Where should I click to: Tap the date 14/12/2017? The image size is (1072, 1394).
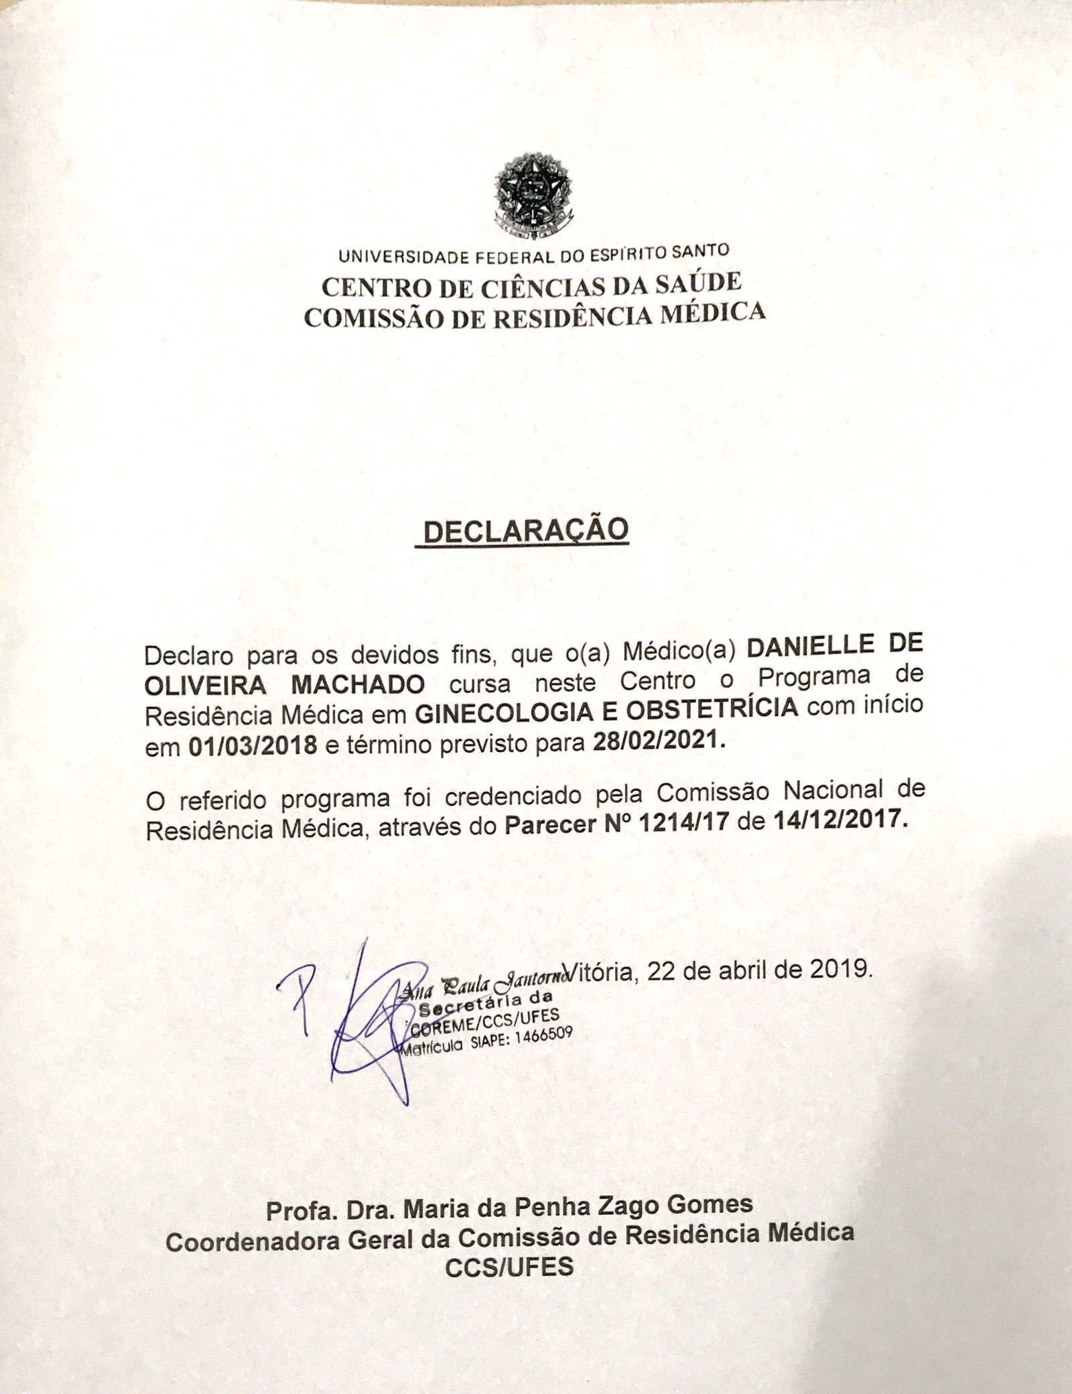tap(840, 822)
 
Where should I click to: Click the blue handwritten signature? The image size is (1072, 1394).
tap(362, 1025)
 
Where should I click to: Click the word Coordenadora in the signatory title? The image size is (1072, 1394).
tap(255, 1241)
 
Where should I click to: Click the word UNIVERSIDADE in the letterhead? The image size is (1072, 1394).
tap(405, 257)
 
